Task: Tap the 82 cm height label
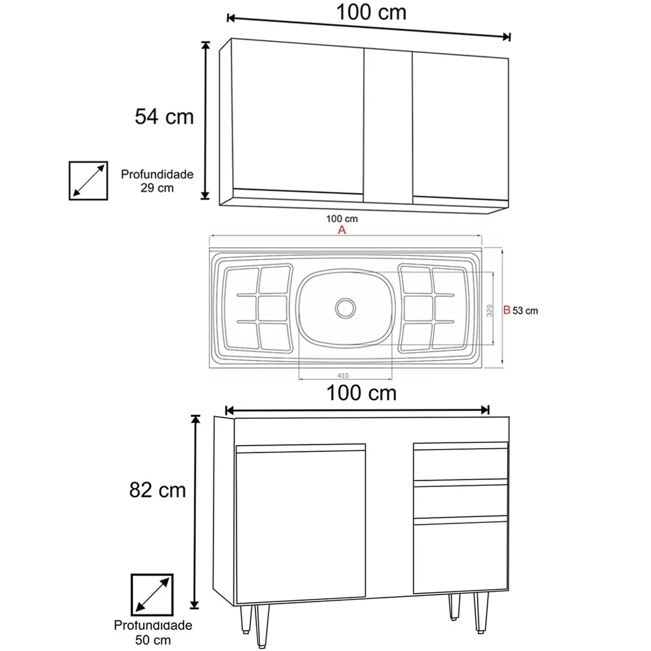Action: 158,490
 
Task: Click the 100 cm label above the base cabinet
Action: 362,393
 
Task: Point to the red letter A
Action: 342,230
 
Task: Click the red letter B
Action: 507,310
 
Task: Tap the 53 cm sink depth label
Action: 525,311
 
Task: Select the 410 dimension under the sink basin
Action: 343,375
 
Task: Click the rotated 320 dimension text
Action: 490,311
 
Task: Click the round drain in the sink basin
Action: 345,308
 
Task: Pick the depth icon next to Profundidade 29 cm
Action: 88,181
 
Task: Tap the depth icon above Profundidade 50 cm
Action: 152,595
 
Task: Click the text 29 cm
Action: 157,188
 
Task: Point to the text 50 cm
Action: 153,640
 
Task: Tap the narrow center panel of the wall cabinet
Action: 388,126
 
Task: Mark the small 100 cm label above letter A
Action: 342,219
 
